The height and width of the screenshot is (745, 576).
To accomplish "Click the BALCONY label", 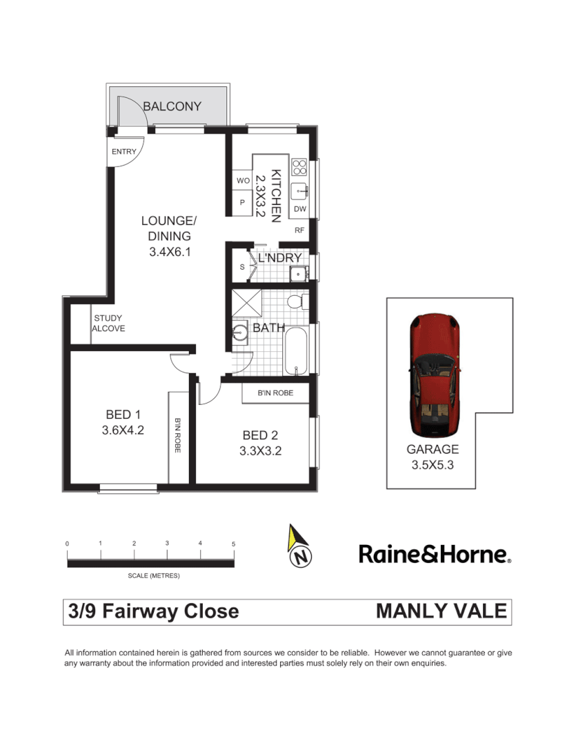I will [172, 106].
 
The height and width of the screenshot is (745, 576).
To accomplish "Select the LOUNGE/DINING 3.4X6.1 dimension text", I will [169, 252].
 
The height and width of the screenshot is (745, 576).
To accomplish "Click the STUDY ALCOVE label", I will [108, 324].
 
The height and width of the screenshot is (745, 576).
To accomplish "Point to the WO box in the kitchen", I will [242, 181].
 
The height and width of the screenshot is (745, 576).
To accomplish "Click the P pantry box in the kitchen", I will [242, 203].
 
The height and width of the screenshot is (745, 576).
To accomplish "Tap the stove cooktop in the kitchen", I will [299, 167].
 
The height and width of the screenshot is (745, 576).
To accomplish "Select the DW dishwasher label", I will [299, 208].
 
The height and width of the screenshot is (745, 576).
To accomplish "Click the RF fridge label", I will [299, 230].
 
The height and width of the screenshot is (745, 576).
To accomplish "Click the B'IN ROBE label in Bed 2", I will [275, 393].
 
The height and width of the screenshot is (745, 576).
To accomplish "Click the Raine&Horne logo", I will [435, 554].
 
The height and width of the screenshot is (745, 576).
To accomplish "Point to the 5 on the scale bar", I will [233, 544].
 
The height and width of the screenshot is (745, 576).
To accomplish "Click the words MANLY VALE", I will [441, 611].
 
